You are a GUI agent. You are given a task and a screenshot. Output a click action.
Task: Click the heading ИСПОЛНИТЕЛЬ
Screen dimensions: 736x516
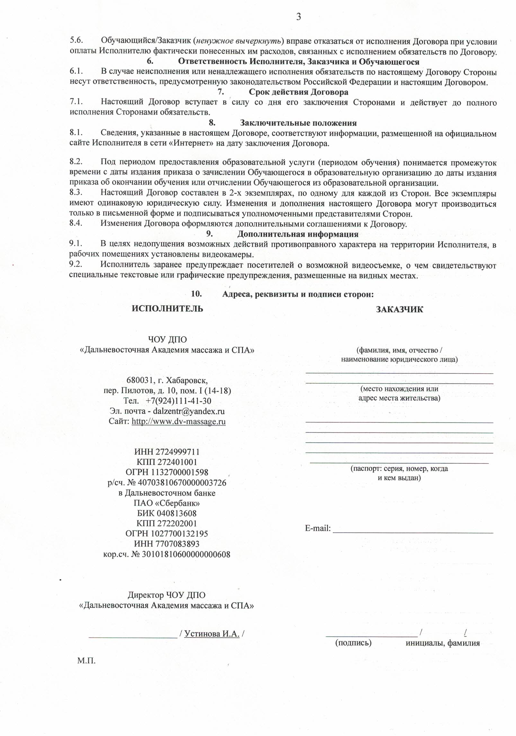coord(167,309)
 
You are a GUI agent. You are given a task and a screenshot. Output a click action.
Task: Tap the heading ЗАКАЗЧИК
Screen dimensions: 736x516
coord(399,309)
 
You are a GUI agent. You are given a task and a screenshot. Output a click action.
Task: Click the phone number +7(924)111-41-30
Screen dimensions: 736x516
coord(178,401)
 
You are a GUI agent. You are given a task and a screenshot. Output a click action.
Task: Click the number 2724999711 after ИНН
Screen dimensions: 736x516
coord(178,452)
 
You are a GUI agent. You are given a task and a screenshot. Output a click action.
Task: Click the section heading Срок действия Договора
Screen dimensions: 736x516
coord(298,92)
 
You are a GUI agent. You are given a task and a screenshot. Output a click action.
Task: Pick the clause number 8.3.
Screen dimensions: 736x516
coord(76,193)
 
